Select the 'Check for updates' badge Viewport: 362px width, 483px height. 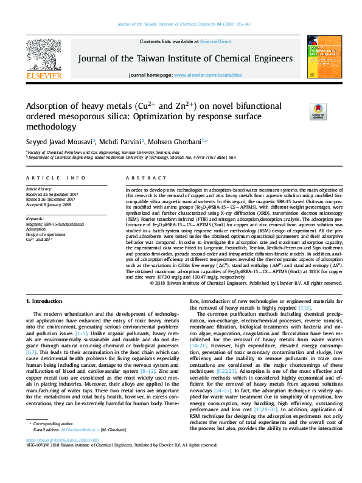coord(318,111)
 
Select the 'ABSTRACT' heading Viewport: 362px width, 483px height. coord(141,178)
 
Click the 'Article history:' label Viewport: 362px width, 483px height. coord(39,189)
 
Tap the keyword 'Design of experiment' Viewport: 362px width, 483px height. coord(46,234)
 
